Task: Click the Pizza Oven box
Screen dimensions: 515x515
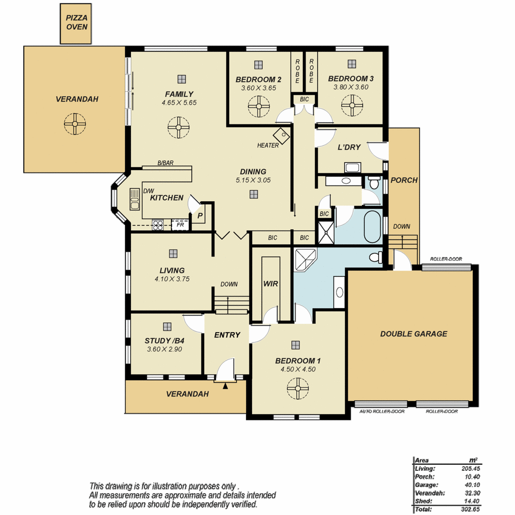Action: coord(76,24)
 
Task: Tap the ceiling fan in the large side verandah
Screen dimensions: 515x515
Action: coord(75,124)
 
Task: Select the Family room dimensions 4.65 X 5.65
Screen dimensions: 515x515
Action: coord(179,103)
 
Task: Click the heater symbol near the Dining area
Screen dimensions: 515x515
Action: coord(282,136)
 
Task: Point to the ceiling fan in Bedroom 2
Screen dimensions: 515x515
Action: coord(259,106)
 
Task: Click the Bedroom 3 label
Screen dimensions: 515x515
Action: coord(351,79)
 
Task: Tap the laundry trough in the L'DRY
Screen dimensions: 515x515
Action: coord(352,167)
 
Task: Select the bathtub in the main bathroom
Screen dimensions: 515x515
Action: coord(372,227)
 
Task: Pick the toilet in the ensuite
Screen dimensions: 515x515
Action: coord(376,257)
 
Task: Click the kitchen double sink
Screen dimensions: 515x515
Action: coord(134,199)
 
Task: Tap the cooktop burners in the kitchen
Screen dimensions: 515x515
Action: coord(158,225)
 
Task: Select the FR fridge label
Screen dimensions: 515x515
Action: coord(180,225)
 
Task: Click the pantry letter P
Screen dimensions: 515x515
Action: coord(200,216)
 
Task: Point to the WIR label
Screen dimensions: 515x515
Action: coord(271,284)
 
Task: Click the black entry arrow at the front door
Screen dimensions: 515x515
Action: coord(225,386)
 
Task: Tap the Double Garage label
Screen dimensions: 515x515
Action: coord(413,334)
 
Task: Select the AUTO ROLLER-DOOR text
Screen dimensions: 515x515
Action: coord(382,411)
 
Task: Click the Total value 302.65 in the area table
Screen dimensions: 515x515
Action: coord(470,509)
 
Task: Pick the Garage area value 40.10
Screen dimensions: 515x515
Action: coord(473,485)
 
